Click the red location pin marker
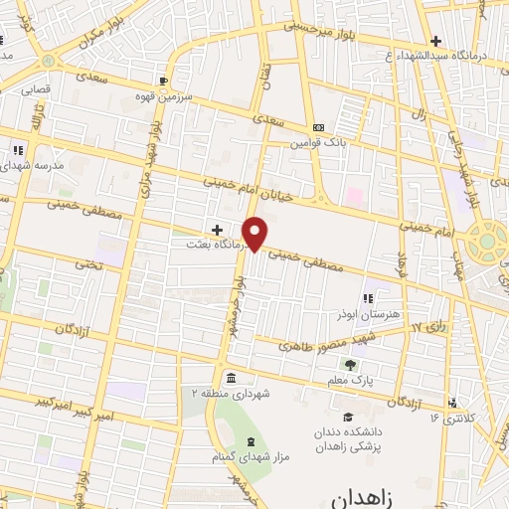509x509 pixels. point(255,234)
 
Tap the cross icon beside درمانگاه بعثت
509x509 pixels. point(217,230)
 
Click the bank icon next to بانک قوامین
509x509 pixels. point(318,128)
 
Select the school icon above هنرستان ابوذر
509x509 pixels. point(369,297)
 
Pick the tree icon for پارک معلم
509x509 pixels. point(350,365)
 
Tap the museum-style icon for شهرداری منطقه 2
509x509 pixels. point(231,378)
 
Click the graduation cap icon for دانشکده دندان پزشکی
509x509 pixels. point(348,417)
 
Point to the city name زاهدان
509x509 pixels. point(353,494)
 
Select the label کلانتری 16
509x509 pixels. point(448,418)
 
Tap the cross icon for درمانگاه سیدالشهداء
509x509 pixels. point(434,41)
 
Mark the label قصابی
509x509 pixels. point(37,87)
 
